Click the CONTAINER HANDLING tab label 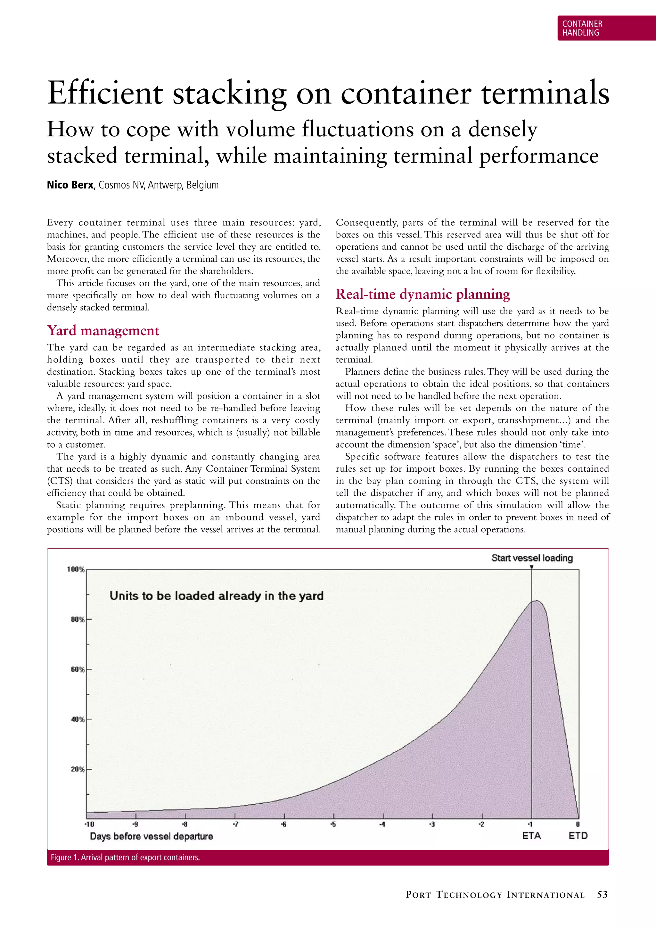582,28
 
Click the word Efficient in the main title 105,93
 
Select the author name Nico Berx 70,185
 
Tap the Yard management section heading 103,331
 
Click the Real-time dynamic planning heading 422,294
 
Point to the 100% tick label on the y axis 76,569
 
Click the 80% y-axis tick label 78,620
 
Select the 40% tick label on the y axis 78,719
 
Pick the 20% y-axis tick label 78,769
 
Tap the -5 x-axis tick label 333,824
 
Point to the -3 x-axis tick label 431,824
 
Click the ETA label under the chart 531,836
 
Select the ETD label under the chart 578,836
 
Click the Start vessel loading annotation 532,558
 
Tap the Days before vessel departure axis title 151,836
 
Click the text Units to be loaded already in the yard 217,596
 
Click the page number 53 602,895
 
